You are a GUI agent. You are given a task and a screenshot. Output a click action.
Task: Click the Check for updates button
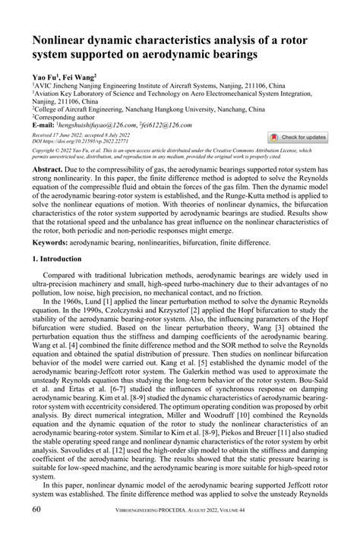click(299, 137)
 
